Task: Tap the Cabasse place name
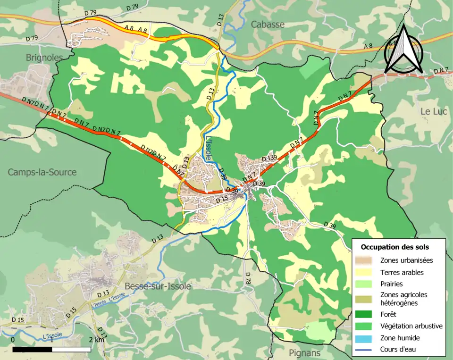pos(268,24)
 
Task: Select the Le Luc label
pos(433,111)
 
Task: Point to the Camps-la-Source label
pos(42,172)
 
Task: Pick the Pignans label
pos(304,352)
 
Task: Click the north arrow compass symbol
pos(403,49)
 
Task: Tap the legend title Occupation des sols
pos(395,247)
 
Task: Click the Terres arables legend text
pos(402,272)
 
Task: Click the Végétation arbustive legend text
pos(411,326)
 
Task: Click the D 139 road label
pos(269,158)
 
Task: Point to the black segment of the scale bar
pos(32,349)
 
